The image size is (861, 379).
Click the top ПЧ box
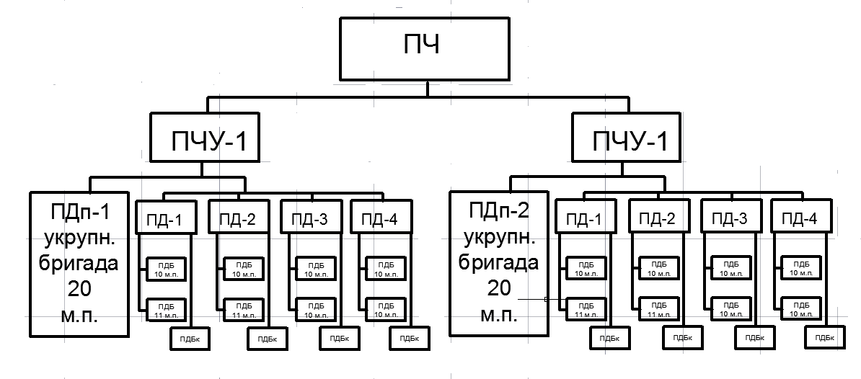click(428, 48)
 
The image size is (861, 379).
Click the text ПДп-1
click(79, 213)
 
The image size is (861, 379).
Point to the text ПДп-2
click(498, 211)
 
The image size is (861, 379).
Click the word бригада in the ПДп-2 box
click(498, 262)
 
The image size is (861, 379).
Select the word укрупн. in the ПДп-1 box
click(79, 238)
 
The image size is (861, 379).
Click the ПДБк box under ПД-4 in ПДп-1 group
click(408, 337)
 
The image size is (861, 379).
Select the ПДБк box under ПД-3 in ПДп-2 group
click(754, 337)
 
